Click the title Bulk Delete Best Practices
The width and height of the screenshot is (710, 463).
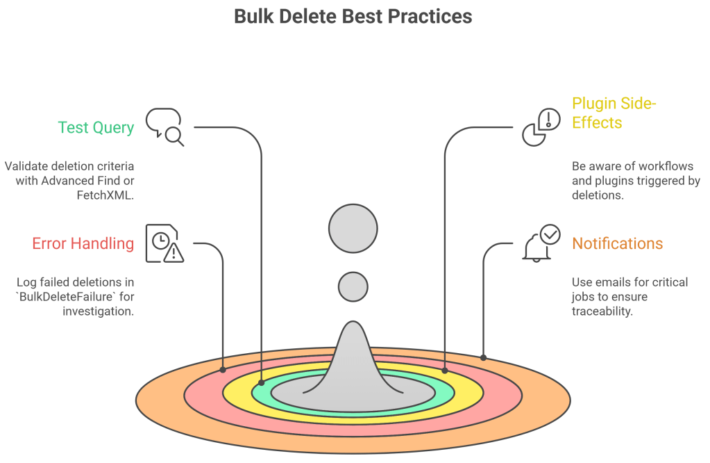(353, 16)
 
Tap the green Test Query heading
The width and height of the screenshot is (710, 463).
(96, 127)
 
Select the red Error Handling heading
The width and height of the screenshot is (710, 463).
(83, 244)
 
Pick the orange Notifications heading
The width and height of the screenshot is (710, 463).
(617, 244)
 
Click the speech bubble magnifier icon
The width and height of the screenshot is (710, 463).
(164, 127)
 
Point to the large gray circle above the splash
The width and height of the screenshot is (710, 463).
(353, 229)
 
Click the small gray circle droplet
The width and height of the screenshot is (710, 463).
(353, 285)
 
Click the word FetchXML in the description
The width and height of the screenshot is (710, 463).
(105, 195)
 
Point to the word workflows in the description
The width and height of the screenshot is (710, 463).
(663, 166)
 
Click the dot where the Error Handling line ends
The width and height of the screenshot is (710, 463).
(222, 370)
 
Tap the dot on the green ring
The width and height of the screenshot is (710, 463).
(262, 382)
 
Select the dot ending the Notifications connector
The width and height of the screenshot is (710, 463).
(484, 357)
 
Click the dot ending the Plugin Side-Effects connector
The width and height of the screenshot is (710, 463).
(444, 371)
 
